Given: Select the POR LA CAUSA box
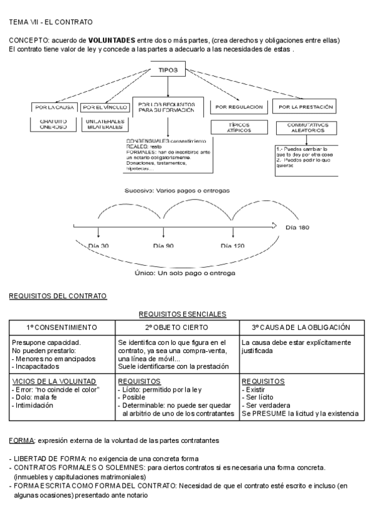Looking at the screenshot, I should click(54, 107).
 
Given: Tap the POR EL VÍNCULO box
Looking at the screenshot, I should click(104, 107).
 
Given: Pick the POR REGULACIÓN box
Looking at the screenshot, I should click(239, 107).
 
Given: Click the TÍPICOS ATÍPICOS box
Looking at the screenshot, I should click(238, 128).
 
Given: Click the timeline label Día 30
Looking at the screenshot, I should click(98, 246).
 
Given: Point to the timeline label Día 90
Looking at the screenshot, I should click(163, 246).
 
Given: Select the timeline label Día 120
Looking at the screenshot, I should click(233, 246).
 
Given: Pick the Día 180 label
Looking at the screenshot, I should click(295, 227).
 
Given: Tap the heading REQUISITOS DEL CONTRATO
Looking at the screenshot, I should click(58, 296).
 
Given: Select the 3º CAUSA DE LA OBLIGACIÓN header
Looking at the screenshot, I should click(300, 327).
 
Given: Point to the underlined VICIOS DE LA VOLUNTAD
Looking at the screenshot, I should click(54, 381).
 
